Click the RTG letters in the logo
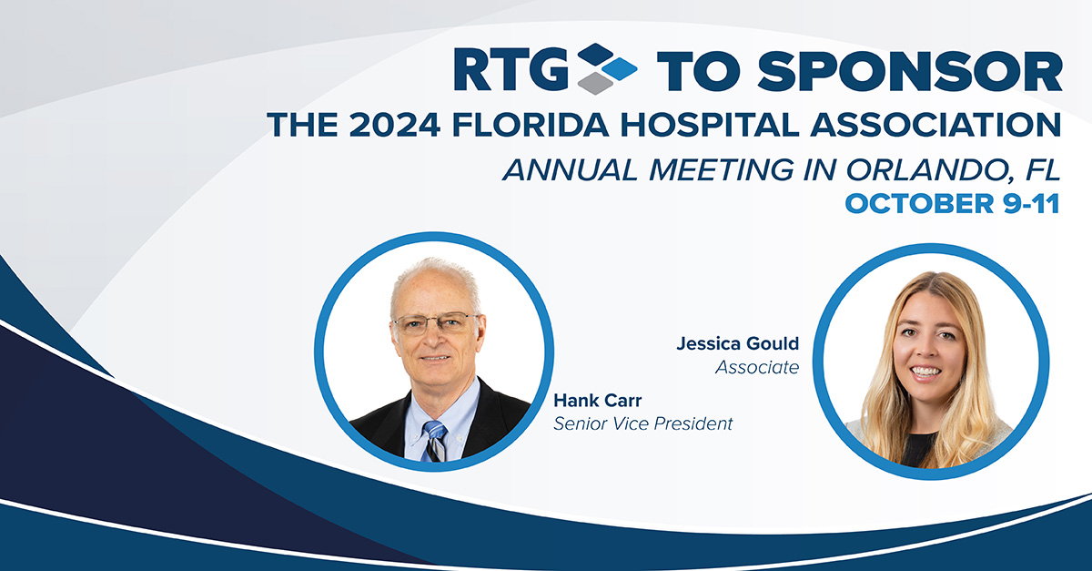tap(511, 69)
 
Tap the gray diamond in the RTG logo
tap(595, 83)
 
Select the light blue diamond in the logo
tap(619, 69)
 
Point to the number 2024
tap(394, 125)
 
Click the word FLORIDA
tap(531, 125)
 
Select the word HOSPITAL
tap(709, 125)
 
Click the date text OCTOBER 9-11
tap(952, 203)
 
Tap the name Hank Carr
tap(598, 401)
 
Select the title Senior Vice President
tap(643, 423)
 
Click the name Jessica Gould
tap(738, 343)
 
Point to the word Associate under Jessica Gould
tap(757, 367)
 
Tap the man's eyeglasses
tap(435, 324)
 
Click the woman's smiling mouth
tap(925, 372)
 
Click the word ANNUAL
tap(570, 169)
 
